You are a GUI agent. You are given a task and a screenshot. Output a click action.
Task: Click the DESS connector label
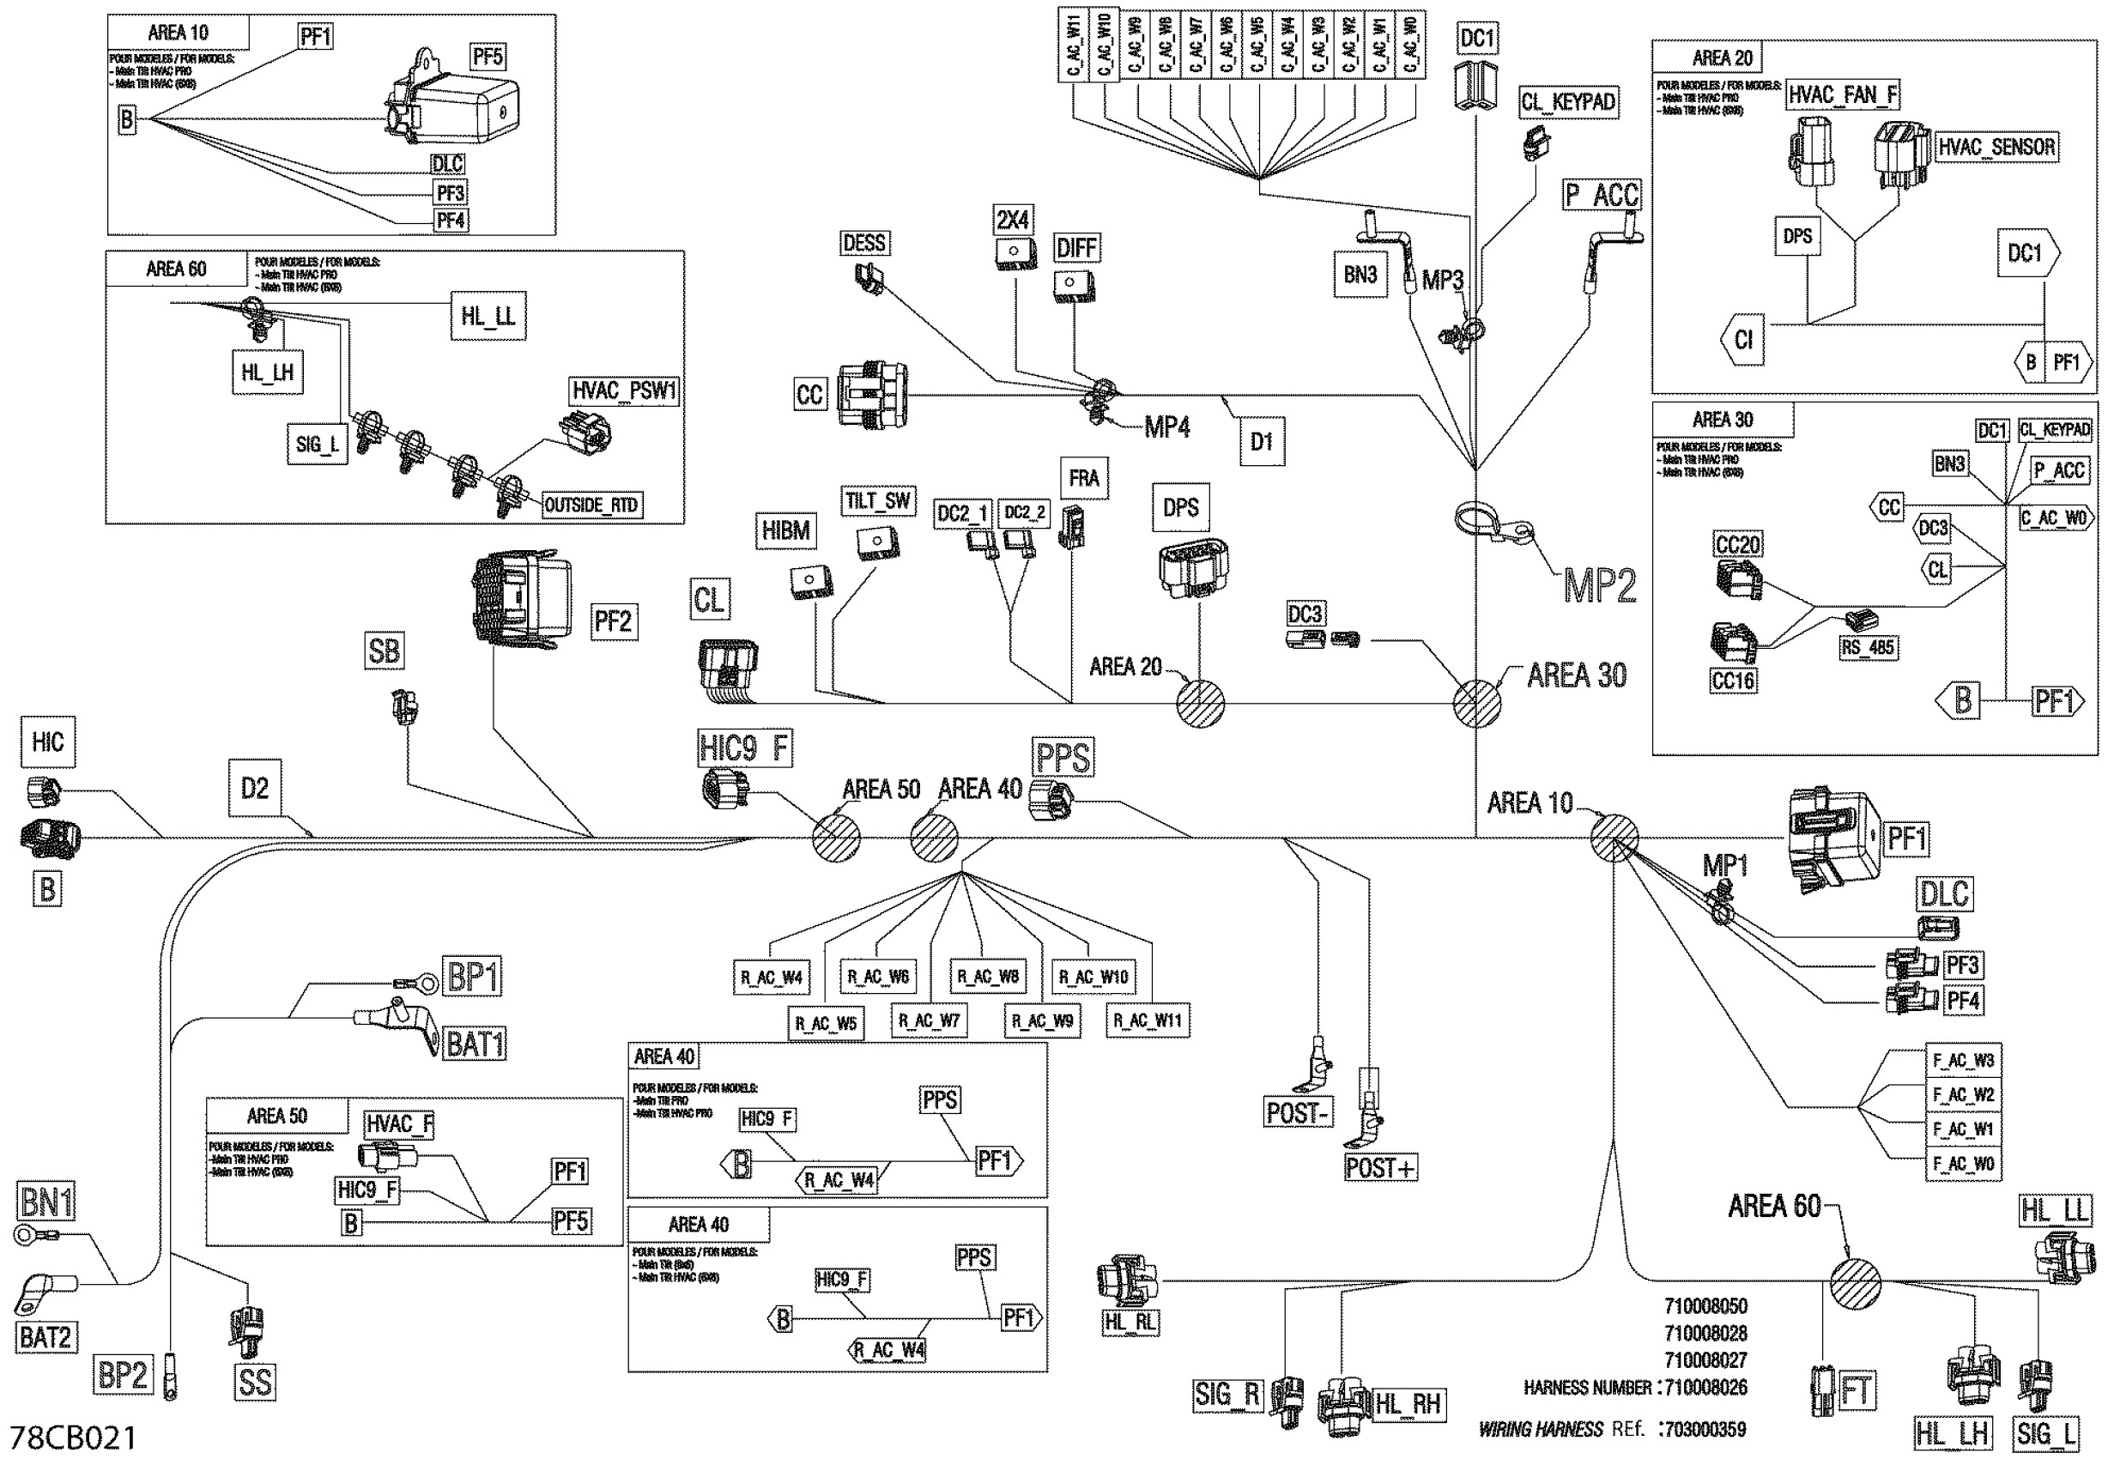point(863,243)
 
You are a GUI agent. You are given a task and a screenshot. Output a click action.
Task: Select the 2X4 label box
point(1012,220)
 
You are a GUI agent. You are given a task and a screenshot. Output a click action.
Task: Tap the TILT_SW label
point(877,501)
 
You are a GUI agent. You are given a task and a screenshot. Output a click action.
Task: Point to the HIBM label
point(785,530)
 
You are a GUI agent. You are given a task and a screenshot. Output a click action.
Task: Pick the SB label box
point(384,651)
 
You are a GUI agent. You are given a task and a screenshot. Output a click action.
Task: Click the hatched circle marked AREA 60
point(1855,1283)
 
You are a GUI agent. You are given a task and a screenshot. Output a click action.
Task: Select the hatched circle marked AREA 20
point(1199,703)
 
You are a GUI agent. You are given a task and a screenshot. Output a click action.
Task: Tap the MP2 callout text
point(1599,586)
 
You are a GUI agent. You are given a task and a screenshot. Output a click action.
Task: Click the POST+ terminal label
point(1380,1168)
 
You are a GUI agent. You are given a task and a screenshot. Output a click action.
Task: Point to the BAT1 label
point(475,1044)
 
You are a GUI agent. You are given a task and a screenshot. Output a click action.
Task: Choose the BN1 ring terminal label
point(46,1202)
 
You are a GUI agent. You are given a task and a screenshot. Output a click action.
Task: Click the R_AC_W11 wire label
point(1148,1020)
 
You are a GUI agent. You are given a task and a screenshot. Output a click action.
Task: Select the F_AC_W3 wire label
point(1963,1061)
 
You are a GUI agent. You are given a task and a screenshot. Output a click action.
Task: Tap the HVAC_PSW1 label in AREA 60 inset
point(623,391)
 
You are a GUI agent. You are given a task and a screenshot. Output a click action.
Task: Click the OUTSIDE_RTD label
point(591,506)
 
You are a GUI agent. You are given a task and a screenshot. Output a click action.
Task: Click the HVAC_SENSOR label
point(1996,147)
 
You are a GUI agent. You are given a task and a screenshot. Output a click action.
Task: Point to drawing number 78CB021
point(73,1437)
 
